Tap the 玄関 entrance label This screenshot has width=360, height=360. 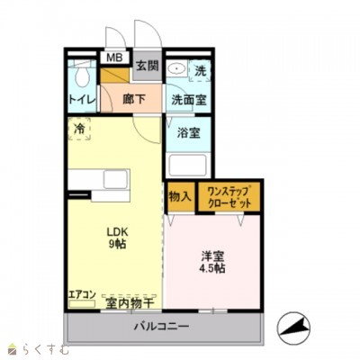(x=146, y=65)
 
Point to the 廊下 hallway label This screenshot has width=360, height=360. (x=133, y=100)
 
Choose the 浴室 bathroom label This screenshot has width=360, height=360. (x=188, y=132)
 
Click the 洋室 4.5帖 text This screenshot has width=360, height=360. (x=212, y=262)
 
